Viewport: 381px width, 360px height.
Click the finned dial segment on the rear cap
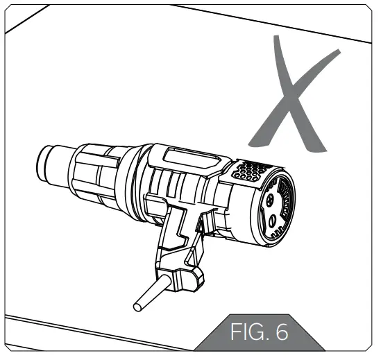tap(281, 198)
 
